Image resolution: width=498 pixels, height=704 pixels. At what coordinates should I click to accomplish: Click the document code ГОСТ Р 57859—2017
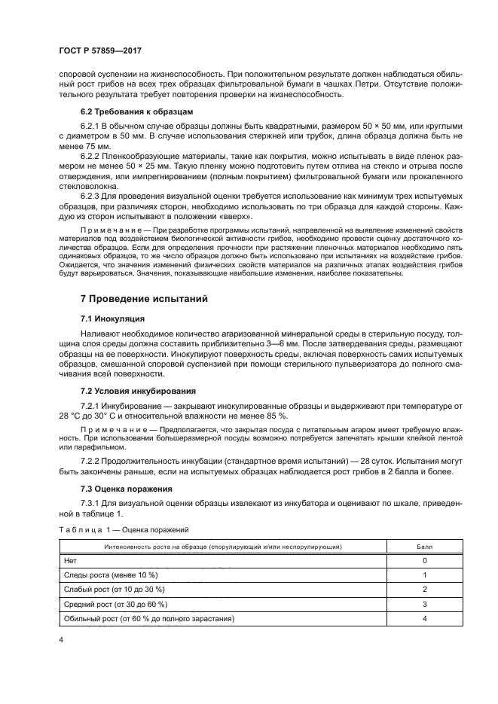point(100,50)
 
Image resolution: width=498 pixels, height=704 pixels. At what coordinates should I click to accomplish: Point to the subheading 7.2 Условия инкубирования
point(138,392)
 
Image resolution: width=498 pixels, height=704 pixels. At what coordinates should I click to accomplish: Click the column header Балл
point(424,547)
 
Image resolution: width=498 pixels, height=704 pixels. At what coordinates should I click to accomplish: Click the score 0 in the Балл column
point(424,561)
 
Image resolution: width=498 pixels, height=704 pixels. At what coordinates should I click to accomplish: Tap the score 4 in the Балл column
point(424,618)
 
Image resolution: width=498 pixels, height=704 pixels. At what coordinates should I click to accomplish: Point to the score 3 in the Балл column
point(424,604)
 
